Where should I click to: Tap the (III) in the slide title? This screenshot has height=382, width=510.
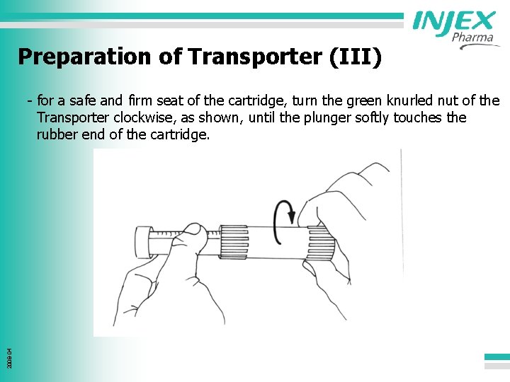point(356,57)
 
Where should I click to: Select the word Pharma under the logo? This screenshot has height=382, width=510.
point(472,37)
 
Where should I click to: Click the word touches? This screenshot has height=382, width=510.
point(421,117)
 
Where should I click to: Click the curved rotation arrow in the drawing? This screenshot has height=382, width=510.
point(284,213)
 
